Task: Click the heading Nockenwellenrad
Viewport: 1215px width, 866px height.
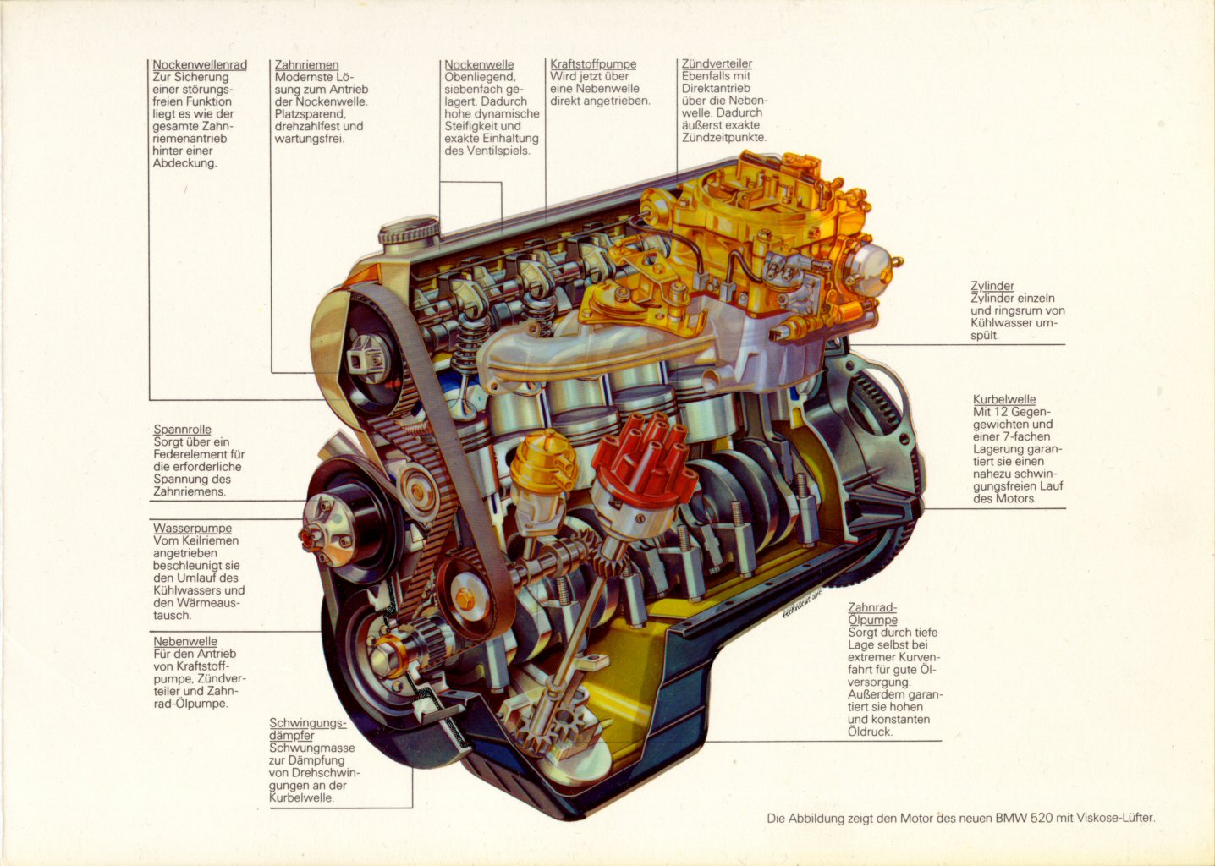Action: pos(200,65)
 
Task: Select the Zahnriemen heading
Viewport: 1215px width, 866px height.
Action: pos(306,65)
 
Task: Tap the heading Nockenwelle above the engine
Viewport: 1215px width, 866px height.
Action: pos(479,65)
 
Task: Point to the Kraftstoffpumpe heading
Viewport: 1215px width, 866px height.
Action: pos(593,64)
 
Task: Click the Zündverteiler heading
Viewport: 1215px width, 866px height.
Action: pos(717,64)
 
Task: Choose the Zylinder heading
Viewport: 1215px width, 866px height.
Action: pos(992,286)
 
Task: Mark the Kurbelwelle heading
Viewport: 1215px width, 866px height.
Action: pos(1004,400)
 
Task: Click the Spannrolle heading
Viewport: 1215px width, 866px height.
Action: pos(182,430)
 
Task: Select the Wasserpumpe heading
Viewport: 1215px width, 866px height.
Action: pos(192,529)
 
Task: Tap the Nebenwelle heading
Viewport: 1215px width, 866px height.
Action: pos(185,642)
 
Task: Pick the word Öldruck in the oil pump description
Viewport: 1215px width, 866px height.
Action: pos(870,732)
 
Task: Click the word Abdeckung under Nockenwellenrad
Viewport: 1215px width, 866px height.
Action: pos(184,163)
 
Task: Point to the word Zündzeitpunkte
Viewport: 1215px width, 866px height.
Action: pos(724,137)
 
